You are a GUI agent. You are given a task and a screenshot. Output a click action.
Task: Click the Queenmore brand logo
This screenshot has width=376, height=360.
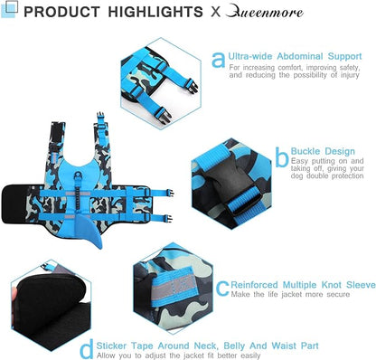click(x=264, y=12)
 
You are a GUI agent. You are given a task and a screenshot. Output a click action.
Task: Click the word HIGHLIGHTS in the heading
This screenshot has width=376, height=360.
click(x=155, y=12)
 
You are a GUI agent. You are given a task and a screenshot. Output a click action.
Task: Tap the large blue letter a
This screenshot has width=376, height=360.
click(x=219, y=60)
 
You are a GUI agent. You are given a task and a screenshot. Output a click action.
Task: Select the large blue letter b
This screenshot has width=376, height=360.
click(x=282, y=156)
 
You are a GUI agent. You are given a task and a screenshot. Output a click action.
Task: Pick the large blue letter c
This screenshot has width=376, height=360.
click(x=222, y=289)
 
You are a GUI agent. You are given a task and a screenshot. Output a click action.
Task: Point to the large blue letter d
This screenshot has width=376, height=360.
click(x=87, y=349)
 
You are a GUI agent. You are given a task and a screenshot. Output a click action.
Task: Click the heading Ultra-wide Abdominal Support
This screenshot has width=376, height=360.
click(x=295, y=56)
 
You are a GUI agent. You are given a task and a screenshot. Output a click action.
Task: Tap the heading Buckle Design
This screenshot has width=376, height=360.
click(x=323, y=151)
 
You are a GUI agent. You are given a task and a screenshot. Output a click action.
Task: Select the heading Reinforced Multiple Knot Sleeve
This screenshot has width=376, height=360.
click(x=304, y=285)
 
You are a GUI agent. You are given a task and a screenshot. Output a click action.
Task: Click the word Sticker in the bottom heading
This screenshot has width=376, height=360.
click(x=111, y=346)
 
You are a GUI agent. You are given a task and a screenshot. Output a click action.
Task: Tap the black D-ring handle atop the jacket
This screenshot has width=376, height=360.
click(x=78, y=175)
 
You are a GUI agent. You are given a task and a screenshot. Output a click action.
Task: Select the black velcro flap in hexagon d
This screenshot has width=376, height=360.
click(x=52, y=305)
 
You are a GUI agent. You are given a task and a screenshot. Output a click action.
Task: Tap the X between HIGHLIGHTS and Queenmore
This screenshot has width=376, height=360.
click(x=216, y=12)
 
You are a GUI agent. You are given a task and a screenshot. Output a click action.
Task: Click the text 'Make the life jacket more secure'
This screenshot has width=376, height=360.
click(x=290, y=295)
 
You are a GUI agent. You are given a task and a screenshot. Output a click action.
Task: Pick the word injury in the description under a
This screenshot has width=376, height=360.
click(x=350, y=75)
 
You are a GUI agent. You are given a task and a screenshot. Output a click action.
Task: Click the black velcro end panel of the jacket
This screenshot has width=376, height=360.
click(x=14, y=204)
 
